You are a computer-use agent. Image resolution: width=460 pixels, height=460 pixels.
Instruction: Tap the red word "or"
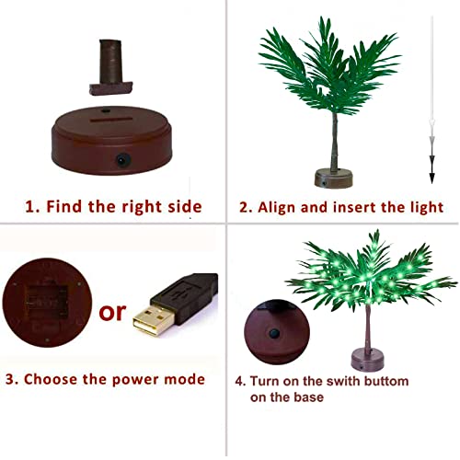tap(113, 312)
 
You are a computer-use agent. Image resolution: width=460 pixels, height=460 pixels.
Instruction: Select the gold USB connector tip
tap(151, 321)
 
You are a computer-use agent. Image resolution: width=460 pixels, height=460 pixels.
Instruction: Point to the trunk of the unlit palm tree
tap(333, 138)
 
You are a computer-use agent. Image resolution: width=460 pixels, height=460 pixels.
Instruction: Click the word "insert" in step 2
tap(345, 207)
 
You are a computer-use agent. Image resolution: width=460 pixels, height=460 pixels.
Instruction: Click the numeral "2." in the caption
tap(246, 207)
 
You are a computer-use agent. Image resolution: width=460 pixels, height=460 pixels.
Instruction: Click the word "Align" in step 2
tap(275, 207)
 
